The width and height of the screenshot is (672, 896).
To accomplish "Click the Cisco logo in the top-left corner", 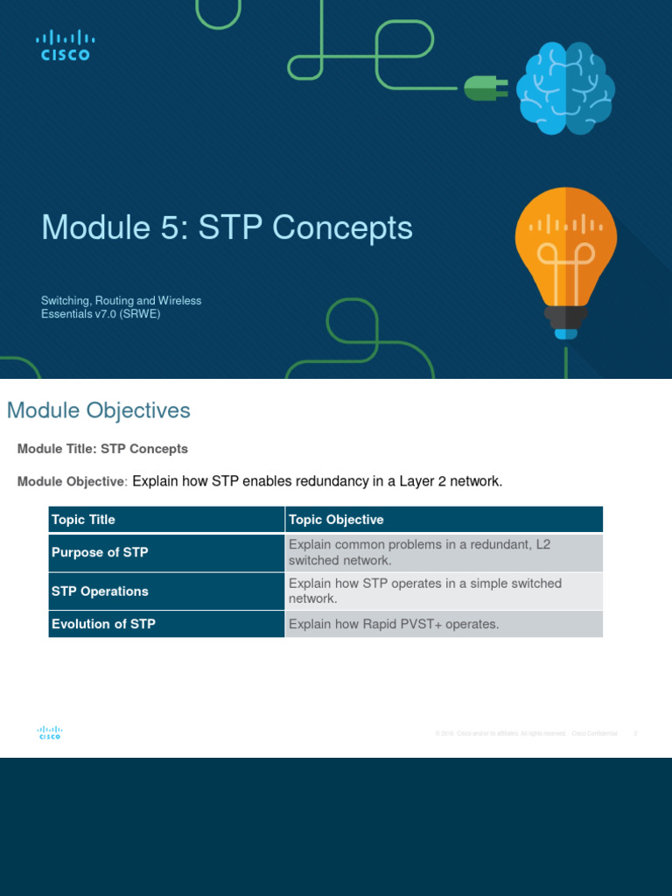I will point(65,45).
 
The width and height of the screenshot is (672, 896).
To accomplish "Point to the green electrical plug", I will point(480,87).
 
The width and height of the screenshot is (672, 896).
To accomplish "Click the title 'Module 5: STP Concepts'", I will point(227,227).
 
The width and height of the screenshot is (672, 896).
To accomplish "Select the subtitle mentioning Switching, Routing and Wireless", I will point(121,307).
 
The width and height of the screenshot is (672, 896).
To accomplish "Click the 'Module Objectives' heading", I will point(98,410).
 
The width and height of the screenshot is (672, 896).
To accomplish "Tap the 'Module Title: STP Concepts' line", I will point(102,449).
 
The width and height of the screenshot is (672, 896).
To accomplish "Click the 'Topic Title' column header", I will point(83,520).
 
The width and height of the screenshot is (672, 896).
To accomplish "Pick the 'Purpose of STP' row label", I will point(100,552).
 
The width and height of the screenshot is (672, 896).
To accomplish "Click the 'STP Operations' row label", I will point(100,591).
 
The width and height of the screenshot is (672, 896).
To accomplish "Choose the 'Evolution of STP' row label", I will point(103,624).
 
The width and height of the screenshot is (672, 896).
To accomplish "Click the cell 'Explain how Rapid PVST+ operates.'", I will point(393,624).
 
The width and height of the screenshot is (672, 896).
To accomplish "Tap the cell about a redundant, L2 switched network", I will point(420,552).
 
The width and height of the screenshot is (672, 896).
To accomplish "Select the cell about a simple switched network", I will point(425,591).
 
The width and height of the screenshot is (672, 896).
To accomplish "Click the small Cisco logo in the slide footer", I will point(49,733).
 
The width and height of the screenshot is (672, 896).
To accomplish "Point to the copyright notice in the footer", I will point(525,733).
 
